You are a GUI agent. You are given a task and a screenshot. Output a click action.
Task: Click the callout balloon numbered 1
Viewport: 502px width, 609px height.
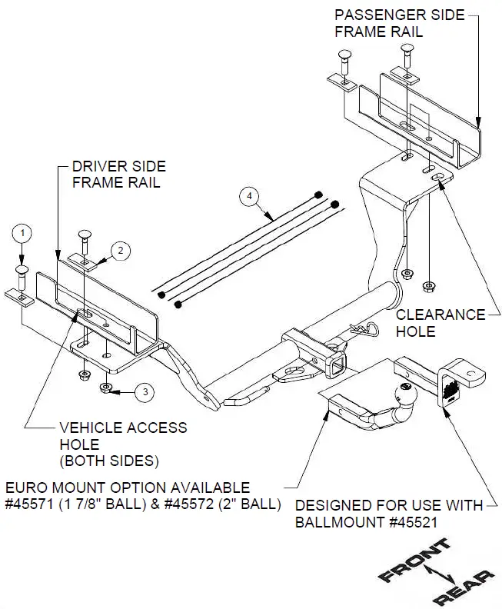[24, 231]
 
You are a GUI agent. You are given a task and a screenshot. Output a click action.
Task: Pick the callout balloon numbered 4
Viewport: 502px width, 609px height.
[248, 197]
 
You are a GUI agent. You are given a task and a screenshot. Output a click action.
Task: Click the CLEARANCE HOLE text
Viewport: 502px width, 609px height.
[440, 323]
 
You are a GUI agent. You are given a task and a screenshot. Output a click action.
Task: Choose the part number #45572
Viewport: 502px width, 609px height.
[193, 504]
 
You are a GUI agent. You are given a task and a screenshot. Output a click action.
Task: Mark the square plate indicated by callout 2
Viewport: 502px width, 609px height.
[81, 262]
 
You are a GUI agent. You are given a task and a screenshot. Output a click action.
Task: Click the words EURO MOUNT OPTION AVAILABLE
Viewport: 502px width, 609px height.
[128, 488]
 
